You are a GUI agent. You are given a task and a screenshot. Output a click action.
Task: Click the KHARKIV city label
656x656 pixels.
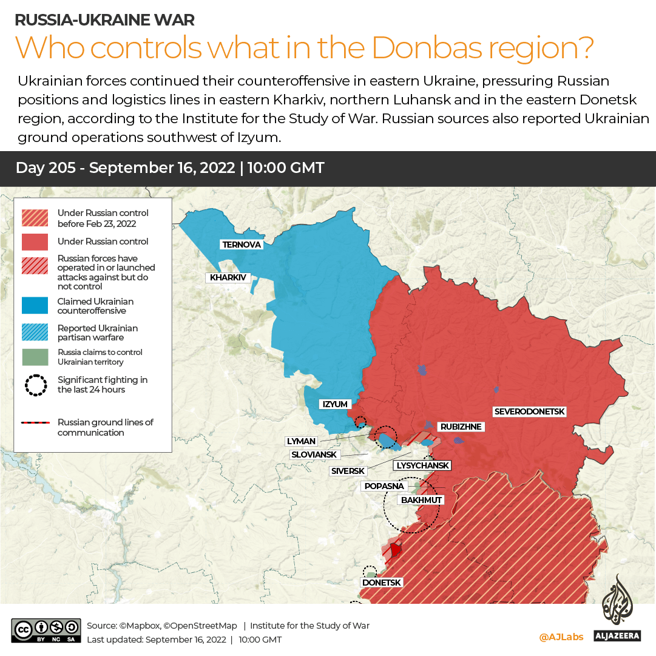[228, 278]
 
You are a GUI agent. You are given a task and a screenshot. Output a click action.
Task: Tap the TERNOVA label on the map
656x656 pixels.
[242, 245]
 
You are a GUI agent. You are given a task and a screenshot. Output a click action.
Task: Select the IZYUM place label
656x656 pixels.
[334, 404]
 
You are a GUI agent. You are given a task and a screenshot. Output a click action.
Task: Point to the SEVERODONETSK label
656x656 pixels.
[529, 411]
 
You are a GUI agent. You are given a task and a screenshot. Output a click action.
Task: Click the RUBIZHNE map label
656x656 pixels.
[461, 427]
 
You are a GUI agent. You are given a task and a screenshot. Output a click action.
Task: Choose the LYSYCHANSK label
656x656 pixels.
[422, 465]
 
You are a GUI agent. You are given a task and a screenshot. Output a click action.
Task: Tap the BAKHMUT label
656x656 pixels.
[421, 500]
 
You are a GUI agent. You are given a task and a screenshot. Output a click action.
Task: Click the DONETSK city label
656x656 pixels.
[381, 583]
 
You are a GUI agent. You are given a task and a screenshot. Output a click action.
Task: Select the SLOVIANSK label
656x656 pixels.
[314, 455]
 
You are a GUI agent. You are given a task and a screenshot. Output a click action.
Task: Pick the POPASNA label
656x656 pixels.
[384, 486]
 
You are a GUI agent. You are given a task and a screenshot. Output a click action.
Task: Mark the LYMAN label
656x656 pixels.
[300, 441]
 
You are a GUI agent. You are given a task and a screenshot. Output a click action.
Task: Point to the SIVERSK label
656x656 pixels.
[348, 471]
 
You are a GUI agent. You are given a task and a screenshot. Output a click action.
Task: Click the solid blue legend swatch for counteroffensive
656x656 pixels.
[35, 306]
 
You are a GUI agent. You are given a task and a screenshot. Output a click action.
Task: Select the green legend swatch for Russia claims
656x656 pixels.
[35, 357]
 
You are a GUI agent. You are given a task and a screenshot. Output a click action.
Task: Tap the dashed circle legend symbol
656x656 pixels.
[35, 385]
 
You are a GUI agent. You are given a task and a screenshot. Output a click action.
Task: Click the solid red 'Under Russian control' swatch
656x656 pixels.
[35, 242]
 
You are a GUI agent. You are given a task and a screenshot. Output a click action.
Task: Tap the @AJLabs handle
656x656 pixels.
[561, 637]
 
